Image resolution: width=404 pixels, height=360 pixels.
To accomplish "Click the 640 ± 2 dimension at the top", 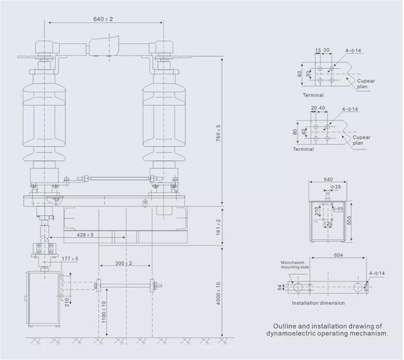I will pos(104,19).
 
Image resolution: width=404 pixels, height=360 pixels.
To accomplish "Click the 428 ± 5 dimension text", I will pos(85,235).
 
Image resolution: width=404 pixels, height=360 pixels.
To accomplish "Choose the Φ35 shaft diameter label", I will pos(336,186).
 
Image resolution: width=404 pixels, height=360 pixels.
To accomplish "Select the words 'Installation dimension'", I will pos(318,303).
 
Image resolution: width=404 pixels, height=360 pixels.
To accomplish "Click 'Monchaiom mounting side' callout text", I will pos(295,265).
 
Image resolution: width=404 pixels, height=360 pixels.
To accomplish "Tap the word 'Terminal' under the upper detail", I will pos(313,95).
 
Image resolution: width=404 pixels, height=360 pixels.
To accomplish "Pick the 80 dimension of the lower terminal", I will pos(295,132).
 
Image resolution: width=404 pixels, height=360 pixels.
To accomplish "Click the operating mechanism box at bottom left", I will pos(42,299).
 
